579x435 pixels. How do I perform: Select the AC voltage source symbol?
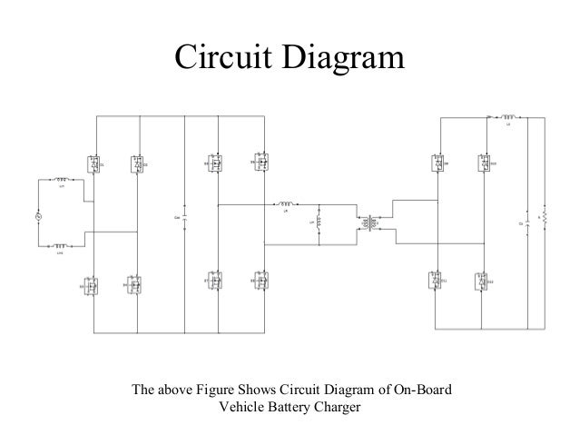coord(38,216)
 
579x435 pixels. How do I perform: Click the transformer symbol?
coord(370,222)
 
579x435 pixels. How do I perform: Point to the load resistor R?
coord(544,222)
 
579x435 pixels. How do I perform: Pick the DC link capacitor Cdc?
coord(185,219)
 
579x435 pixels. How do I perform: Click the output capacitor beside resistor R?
coord(525,222)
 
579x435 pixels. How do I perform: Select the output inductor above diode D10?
coord(509,117)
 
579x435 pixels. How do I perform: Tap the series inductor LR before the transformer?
coord(287,205)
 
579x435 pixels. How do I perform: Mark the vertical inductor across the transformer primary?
coord(319,222)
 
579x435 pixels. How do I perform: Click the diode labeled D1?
coord(93,164)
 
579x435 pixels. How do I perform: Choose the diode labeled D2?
coord(136,164)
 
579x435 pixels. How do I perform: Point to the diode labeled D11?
coord(437,282)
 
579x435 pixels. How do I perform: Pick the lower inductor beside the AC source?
coord(61,245)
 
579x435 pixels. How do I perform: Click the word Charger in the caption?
coord(336,407)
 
